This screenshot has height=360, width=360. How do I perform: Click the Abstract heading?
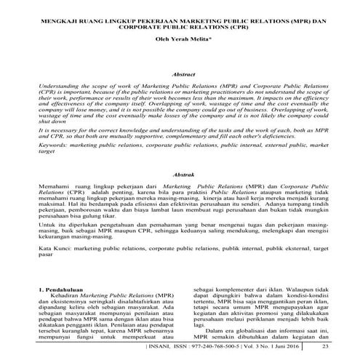pos(180,74)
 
